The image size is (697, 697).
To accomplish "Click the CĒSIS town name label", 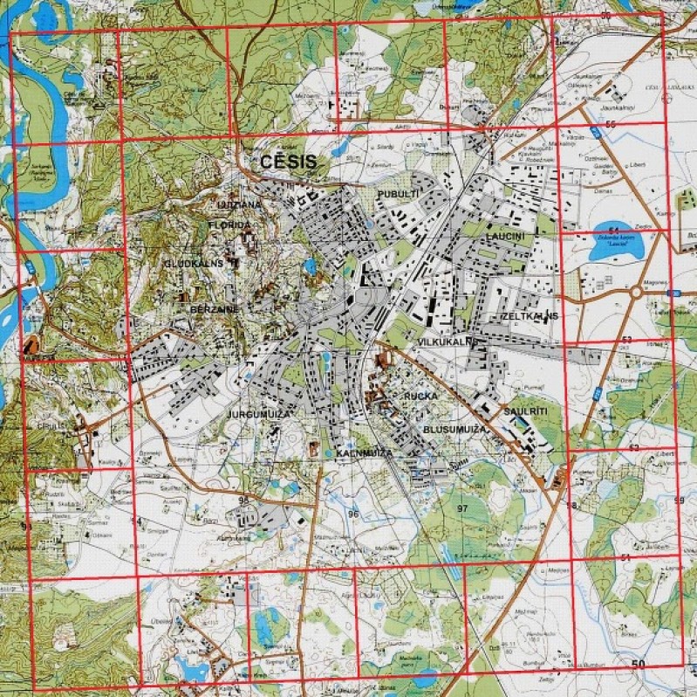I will point(286,161).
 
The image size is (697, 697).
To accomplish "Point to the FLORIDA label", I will point(229,224).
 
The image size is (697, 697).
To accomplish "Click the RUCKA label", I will point(420,397).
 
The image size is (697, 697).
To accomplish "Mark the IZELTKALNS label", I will point(528,314).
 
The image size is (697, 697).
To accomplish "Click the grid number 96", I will point(353,514).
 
